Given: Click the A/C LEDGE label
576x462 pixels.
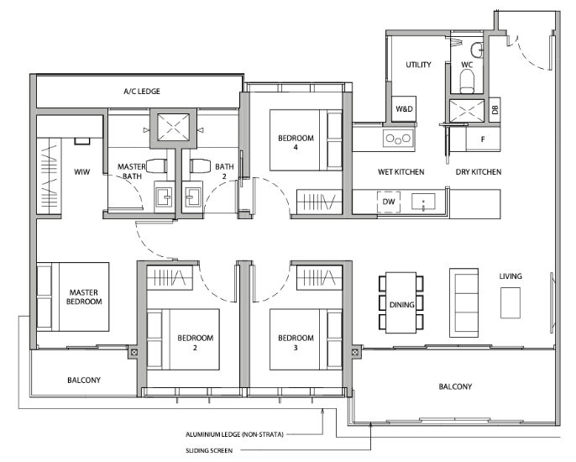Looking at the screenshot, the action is (x=142, y=92).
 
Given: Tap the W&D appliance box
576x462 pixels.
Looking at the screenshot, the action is (x=404, y=109).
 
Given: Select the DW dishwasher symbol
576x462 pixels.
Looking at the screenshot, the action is (x=389, y=202).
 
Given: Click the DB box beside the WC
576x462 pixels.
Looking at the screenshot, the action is (x=495, y=109).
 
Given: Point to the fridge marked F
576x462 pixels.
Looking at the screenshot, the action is (x=483, y=139).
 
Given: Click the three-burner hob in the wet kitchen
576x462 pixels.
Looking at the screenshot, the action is (x=398, y=139).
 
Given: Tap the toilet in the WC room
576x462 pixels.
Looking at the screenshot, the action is (x=467, y=81).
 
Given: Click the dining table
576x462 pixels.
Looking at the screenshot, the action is (x=401, y=303).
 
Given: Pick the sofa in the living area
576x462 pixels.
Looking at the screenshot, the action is (x=463, y=302).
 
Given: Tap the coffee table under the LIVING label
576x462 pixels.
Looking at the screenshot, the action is (x=511, y=302).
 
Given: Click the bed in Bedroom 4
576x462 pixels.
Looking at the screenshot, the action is (x=306, y=140).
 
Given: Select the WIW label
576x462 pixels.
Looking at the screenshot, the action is (x=81, y=171).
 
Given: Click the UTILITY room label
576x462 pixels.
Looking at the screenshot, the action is (x=418, y=65).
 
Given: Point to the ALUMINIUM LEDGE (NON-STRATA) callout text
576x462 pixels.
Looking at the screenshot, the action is (x=234, y=434).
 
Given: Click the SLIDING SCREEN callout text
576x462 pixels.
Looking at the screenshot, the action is (x=209, y=450).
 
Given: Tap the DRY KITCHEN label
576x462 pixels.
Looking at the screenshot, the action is (x=479, y=171).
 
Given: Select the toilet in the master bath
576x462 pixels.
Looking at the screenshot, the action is (x=156, y=165).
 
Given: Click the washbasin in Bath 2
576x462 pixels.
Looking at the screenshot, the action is (x=192, y=197).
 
